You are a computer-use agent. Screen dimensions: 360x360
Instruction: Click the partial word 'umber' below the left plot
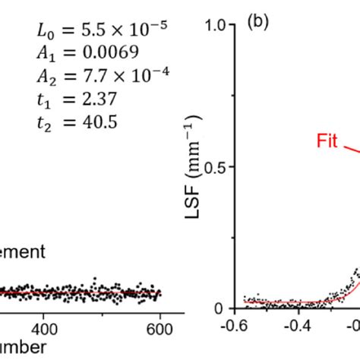(x=23, y=348)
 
